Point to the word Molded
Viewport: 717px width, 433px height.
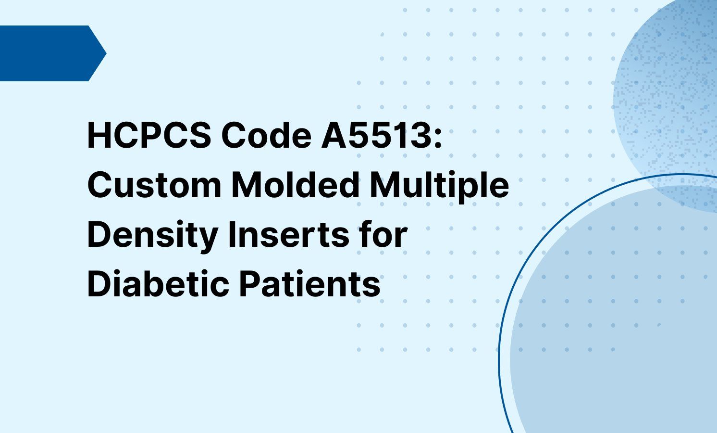click(296, 185)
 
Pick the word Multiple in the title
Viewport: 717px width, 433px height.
click(439, 186)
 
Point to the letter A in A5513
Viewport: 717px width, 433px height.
click(333, 136)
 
